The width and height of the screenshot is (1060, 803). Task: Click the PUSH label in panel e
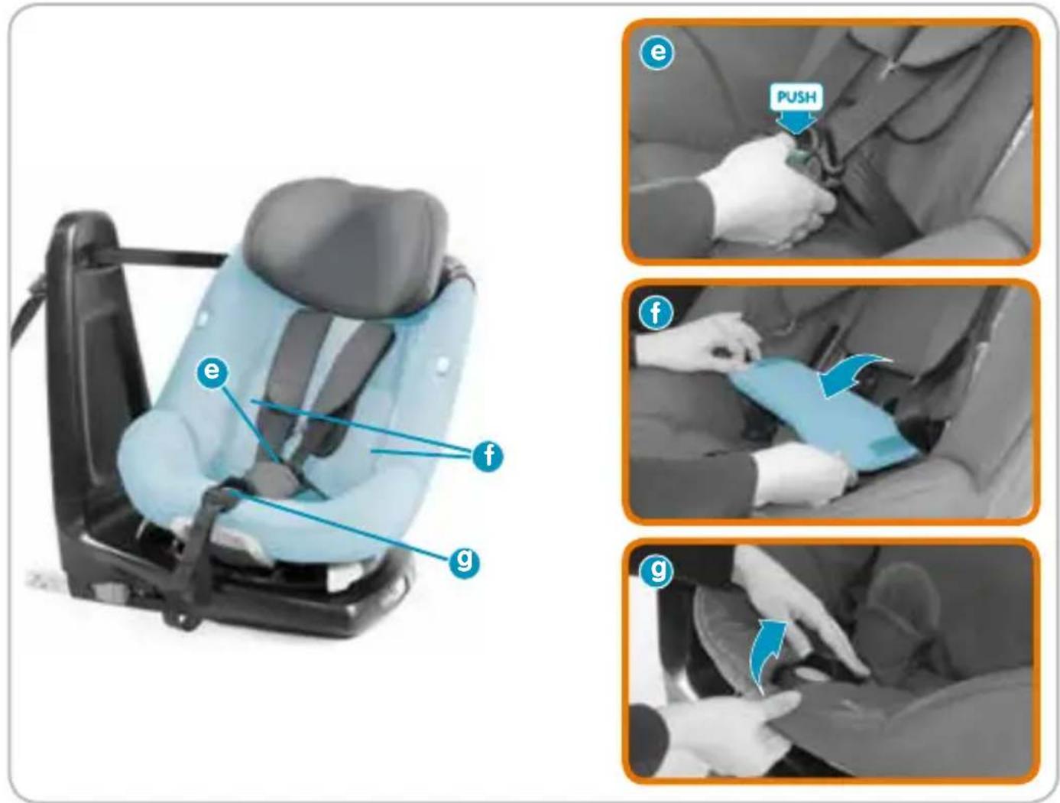[796, 97]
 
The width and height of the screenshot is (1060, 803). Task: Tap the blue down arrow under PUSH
[797, 122]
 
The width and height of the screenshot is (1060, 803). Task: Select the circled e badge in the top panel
[657, 51]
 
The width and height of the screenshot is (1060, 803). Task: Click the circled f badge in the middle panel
[655, 314]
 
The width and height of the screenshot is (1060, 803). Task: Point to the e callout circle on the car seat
[212, 371]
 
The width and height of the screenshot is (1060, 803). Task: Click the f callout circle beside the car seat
[488, 455]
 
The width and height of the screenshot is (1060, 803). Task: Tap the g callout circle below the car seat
[464, 561]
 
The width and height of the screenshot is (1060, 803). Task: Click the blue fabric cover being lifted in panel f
[821, 415]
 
